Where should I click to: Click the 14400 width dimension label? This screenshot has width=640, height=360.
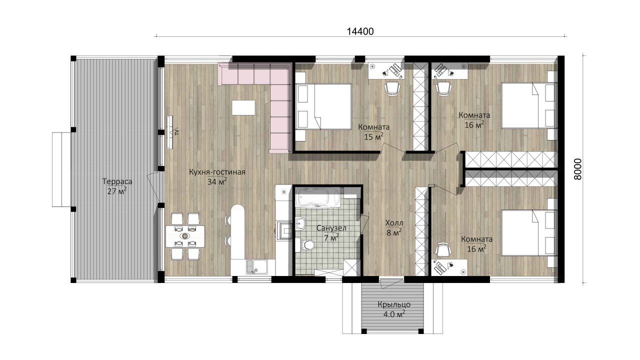(360, 31)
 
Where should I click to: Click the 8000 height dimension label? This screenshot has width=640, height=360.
(577, 169)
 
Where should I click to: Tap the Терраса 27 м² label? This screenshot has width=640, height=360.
(117, 186)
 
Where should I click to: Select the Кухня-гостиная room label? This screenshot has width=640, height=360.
(217, 172)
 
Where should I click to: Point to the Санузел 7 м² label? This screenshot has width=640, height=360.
(331, 232)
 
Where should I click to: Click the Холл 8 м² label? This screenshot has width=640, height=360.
(394, 227)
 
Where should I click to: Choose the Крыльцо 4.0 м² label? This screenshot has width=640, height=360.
(394, 309)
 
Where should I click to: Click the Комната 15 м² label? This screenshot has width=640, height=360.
(373, 131)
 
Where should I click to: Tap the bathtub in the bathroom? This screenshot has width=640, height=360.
(318, 197)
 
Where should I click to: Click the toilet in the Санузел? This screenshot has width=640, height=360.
(306, 245)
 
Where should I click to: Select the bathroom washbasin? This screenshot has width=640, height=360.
(300, 223)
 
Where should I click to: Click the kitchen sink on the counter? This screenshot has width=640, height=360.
(256, 266)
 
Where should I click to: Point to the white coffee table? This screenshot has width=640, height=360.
(243, 107)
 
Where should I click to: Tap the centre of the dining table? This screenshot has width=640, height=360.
(185, 236)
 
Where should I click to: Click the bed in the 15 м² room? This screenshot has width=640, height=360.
(323, 106)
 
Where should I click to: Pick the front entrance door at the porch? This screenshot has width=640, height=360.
(391, 282)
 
